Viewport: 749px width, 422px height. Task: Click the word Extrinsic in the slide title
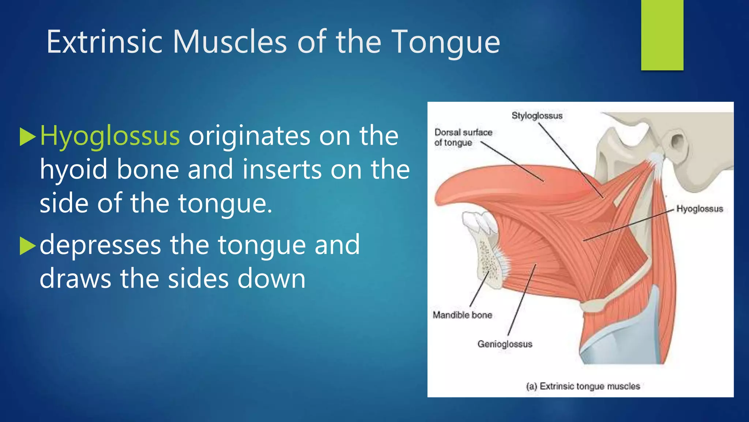104,42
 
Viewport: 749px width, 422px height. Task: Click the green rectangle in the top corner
662,35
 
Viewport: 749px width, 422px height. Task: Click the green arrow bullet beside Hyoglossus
27,137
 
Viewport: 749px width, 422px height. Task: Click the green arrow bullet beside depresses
27,246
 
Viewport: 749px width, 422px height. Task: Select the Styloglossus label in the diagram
537,116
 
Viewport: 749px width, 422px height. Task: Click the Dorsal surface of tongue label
463,137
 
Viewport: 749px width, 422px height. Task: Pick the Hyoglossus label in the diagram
699,209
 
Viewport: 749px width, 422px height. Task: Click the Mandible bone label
462,315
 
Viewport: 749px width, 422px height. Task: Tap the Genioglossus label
505,344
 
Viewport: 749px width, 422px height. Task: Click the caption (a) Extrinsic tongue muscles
583,386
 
